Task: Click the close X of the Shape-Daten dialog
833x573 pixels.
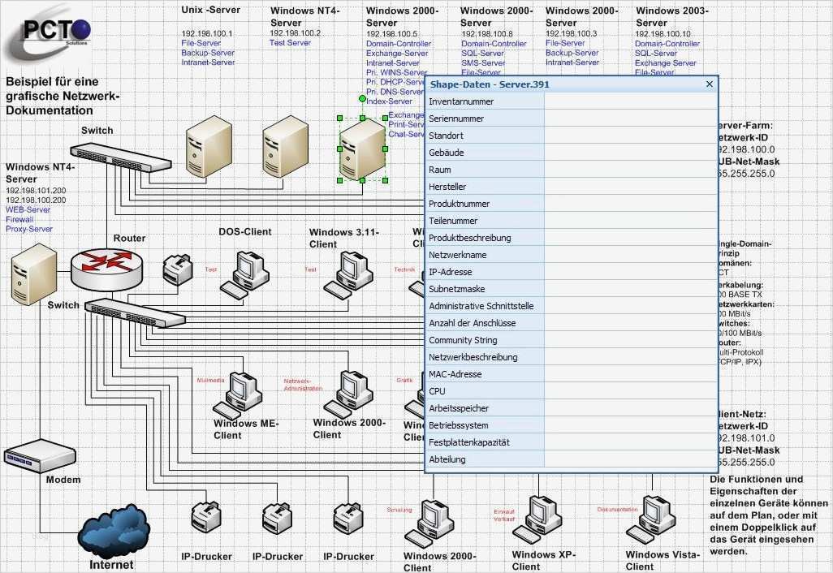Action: [x=710, y=84]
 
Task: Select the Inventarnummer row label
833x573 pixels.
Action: [x=461, y=102]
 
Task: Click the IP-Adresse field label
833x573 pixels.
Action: [x=450, y=272]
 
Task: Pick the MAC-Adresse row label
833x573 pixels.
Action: [x=455, y=374]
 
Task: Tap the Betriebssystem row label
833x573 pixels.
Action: [x=459, y=425]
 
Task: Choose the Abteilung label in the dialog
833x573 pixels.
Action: [x=447, y=459]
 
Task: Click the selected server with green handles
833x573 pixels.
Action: [x=362, y=149]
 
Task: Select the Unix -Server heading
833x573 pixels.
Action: [x=209, y=11]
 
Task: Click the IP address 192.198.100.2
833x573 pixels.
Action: [x=295, y=33]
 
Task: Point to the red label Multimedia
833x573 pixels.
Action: [x=209, y=380]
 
